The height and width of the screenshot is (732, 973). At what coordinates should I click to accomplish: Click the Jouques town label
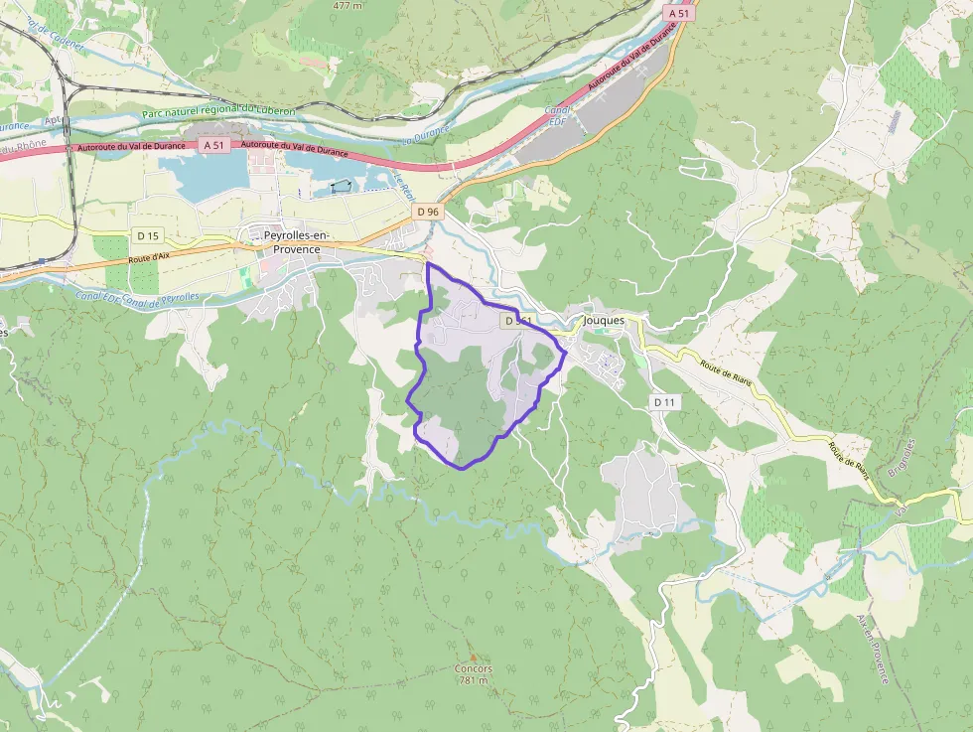[604, 321]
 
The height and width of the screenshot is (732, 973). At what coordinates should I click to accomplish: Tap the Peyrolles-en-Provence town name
[292, 242]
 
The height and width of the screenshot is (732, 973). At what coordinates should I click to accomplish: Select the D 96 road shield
[428, 212]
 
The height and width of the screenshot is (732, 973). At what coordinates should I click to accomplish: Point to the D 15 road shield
[147, 235]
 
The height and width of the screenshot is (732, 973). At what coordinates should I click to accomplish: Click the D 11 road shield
[664, 402]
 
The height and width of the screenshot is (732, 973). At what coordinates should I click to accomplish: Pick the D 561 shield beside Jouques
[516, 321]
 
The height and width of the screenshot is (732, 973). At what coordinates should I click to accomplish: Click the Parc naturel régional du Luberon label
[218, 112]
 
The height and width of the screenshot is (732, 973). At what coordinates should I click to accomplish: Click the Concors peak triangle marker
[474, 658]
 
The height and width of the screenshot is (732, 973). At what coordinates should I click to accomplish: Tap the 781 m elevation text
[474, 681]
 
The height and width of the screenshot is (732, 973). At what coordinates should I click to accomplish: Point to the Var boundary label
[901, 512]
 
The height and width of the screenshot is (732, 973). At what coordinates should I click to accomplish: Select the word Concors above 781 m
[474, 669]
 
